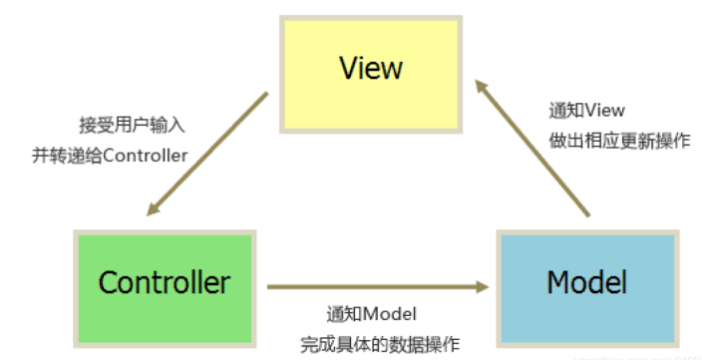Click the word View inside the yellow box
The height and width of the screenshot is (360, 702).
point(371,68)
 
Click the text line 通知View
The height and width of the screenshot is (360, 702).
point(586,111)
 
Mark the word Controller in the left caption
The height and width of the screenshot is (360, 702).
point(147,155)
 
